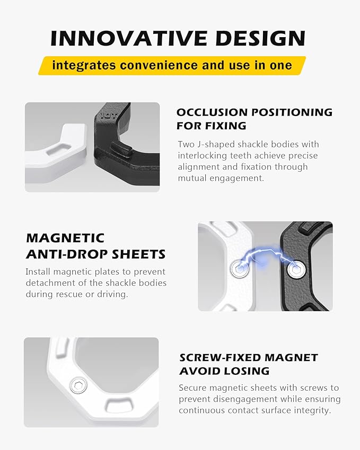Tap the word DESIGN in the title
(260, 38)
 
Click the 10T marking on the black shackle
(109, 116)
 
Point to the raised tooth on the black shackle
(121, 148)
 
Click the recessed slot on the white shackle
(59, 149)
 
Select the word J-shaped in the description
(215, 144)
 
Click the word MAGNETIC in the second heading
(65, 238)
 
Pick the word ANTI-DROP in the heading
(67, 254)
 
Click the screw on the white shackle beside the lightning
(240, 269)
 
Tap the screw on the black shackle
(296, 270)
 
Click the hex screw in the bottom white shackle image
(78, 385)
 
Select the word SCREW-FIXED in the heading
(220, 358)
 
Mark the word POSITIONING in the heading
(288, 112)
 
